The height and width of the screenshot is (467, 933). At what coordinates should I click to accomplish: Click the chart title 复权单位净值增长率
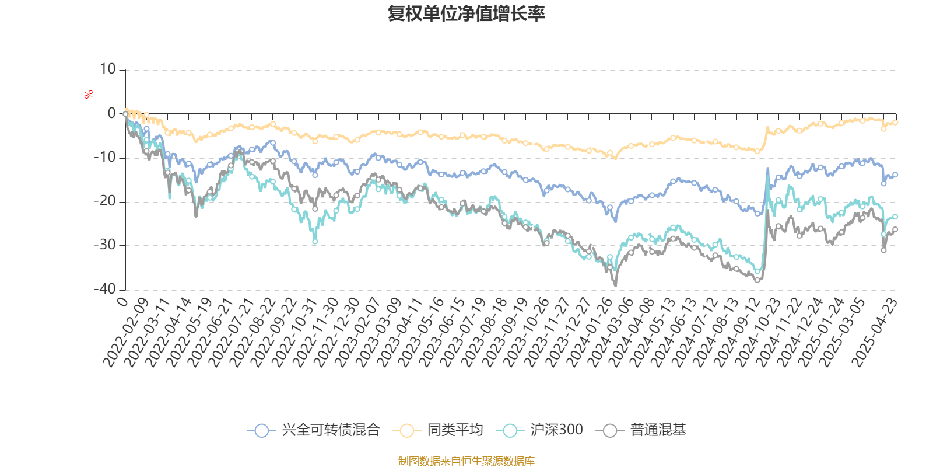point(466,13)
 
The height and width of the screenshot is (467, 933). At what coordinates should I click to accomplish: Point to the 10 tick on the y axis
point(108,69)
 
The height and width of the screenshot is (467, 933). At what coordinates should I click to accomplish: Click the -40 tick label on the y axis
point(105,289)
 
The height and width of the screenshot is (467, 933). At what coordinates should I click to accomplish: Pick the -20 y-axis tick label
point(105,201)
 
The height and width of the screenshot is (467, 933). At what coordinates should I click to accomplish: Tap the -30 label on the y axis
point(105,245)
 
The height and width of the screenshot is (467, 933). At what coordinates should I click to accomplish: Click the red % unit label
point(89,95)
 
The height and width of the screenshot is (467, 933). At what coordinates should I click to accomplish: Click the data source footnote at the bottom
point(466,461)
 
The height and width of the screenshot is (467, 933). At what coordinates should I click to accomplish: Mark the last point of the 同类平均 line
point(896,122)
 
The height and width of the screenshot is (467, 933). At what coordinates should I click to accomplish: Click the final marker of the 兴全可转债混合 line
point(896,175)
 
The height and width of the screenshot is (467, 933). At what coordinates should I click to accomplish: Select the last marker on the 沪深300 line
point(896,217)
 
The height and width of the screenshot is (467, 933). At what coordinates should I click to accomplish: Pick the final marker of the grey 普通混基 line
point(896,229)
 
